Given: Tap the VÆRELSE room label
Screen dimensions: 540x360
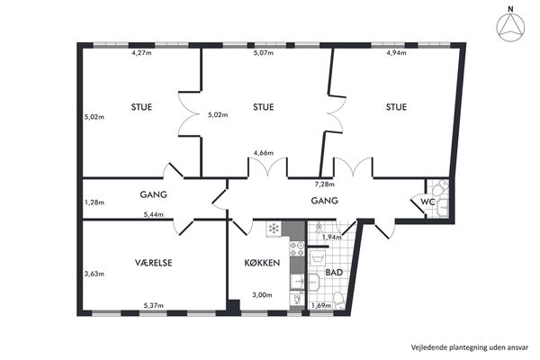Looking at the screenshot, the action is pyautogui.click(x=153, y=263).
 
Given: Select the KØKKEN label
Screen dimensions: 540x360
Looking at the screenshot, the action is pyautogui.click(x=262, y=263).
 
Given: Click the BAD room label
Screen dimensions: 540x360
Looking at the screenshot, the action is pyautogui.click(x=334, y=273).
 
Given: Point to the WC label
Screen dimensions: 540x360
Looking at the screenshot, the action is pyautogui.click(x=428, y=202).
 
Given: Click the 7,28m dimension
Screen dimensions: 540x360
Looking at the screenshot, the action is pyautogui.click(x=324, y=184).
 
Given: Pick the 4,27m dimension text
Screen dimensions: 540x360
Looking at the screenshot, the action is pyautogui.click(x=141, y=53).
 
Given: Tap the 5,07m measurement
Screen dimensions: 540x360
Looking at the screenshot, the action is pyautogui.click(x=264, y=53).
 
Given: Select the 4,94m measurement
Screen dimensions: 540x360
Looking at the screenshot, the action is pyautogui.click(x=396, y=53).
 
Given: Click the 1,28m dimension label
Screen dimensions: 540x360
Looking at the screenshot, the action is pyautogui.click(x=94, y=202).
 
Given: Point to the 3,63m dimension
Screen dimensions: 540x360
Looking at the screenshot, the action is pyautogui.click(x=94, y=274).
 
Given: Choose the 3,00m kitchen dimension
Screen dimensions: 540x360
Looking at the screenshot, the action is pyautogui.click(x=262, y=295).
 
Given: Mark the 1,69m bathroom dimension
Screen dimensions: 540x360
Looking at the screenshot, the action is pyautogui.click(x=321, y=306).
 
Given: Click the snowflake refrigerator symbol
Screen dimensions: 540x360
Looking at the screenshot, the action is pyautogui.click(x=274, y=229).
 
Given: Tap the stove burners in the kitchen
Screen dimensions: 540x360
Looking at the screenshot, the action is pyautogui.click(x=297, y=249).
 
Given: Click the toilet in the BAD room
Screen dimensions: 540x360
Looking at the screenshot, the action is pyautogui.click(x=339, y=301).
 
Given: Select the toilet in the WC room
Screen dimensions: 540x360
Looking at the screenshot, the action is pyautogui.click(x=440, y=188).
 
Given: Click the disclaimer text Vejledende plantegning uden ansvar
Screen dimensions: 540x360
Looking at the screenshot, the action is pyautogui.click(x=470, y=347).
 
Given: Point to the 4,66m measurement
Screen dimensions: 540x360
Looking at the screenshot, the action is pyautogui.click(x=264, y=153).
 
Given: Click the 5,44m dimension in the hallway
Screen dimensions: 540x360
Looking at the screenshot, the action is pyautogui.click(x=153, y=214).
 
